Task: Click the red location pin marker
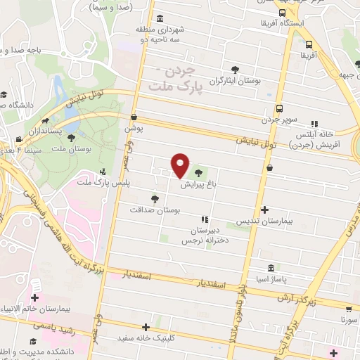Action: click(x=180, y=165)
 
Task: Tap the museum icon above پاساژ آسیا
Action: click(x=271, y=268)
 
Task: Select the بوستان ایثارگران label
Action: click(x=235, y=82)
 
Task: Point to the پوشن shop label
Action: click(x=134, y=129)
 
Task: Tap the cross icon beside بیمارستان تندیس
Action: click(x=264, y=210)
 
